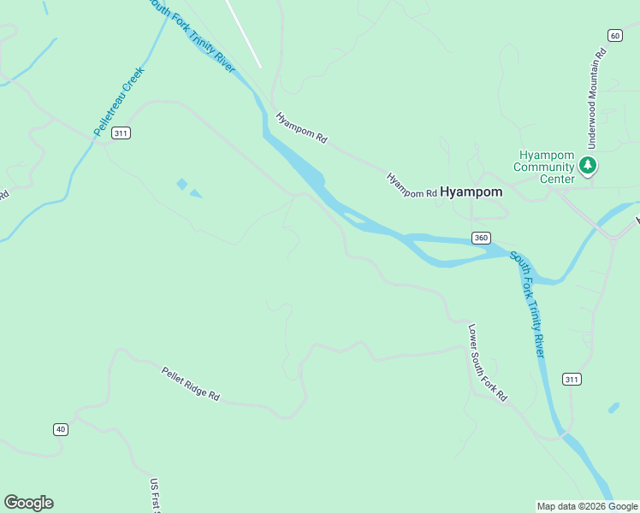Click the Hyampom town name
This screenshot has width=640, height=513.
[x=471, y=192]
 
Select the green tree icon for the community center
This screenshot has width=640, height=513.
[x=588, y=165]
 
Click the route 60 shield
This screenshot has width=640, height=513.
[x=615, y=35]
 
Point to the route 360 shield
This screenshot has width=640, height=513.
[x=481, y=237]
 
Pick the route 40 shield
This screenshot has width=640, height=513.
[x=60, y=429]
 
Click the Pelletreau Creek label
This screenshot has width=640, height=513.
[x=120, y=101]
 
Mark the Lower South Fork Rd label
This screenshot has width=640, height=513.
[x=488, y=363]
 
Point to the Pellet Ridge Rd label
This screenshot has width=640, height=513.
[x=191, y=384]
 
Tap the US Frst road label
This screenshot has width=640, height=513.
[x=156, y=495]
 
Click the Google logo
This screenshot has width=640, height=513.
[x=28, y=503]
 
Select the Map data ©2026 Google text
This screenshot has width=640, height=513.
[x=587, y=506]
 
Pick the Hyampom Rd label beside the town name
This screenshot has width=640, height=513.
[x=412, y=186]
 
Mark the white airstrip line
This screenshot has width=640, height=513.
[x=244, y=33]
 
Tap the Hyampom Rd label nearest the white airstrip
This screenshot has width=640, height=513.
[x=301, y=127]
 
